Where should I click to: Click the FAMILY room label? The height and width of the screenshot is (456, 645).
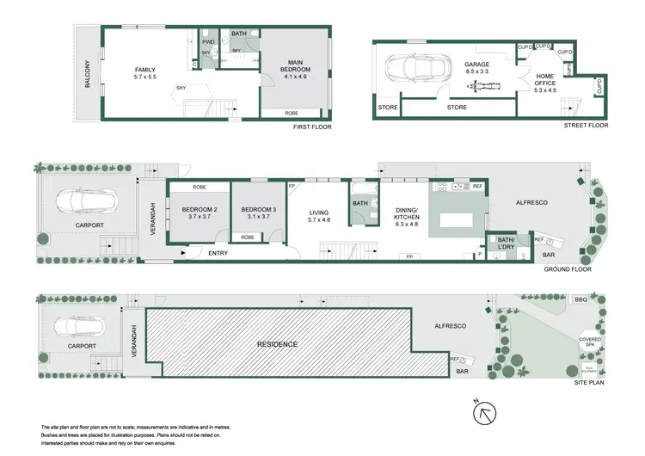coord(144,71)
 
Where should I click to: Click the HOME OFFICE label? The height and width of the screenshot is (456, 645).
coord(545,79)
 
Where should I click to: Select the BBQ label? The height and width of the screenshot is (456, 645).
coord(581,300)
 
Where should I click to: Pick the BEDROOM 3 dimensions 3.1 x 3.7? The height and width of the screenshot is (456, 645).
coord(256,218)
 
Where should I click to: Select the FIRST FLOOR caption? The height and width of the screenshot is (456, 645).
coord(311,126)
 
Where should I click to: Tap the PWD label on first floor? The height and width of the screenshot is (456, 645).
coord(208,41)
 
